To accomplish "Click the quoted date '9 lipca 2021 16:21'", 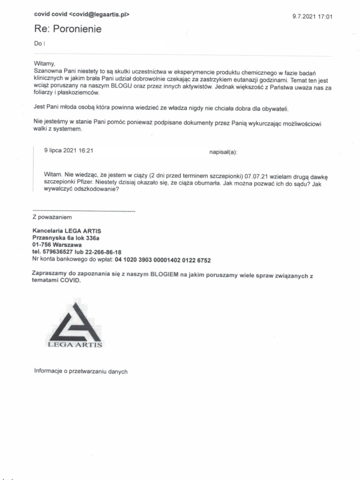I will click(68, 151).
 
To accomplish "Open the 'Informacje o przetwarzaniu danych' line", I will click(81, 371).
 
